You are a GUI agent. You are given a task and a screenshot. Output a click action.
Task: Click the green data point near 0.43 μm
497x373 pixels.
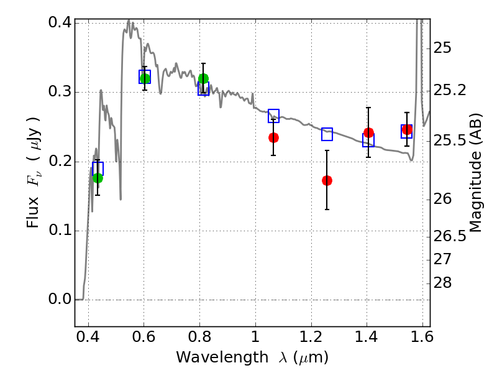click(x=98, y=178)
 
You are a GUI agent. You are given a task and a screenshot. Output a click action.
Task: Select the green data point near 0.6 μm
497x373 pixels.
click(x=145, y=78)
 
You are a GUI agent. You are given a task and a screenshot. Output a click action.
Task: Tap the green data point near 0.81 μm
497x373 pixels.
click(x=204, y=78)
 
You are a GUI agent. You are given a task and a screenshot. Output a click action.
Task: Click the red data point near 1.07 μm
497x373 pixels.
click(x=273, y=137)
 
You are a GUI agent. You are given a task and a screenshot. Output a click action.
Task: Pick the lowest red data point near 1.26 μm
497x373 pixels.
click(x=327, y=180)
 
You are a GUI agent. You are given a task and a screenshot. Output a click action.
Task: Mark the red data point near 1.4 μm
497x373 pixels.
click(x=368, y=132)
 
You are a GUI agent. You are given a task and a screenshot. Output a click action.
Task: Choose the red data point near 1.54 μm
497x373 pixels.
click(x=407, y=129)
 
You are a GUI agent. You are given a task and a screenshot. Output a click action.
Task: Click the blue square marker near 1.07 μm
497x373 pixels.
click(x=273, y=116)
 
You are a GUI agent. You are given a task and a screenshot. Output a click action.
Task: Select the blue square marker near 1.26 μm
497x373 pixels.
click(x=327, y=134)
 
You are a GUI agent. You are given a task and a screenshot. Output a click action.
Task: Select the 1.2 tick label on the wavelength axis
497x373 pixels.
click(x=311, y=336)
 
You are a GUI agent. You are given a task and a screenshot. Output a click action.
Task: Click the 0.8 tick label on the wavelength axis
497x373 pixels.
click(x=199, y=336)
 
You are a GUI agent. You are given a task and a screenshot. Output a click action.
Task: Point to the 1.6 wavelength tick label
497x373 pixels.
click(x=422, y=336)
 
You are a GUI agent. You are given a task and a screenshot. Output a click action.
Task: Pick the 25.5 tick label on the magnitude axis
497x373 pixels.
click(x=450, y=140)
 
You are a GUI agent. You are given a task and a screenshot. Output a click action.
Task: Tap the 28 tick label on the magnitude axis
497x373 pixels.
click(x=442, y=282)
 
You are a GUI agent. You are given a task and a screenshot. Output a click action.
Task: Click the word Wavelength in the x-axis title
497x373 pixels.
click(x=222, y=357)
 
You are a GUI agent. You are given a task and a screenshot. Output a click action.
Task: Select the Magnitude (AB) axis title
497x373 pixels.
click(x=475, y=173)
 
